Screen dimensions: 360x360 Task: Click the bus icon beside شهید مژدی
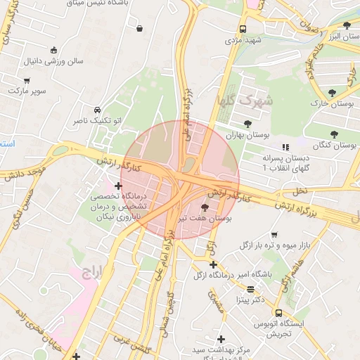(243, 30)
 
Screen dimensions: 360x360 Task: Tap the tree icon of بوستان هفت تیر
(205, 207)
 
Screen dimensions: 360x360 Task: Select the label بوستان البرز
(338, 36)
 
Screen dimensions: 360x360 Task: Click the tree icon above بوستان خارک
(332, 92)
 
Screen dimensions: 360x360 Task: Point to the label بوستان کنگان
(334, 145)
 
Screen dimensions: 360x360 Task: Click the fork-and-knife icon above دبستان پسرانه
(285, 146)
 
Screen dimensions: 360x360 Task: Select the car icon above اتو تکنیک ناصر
(96, 110)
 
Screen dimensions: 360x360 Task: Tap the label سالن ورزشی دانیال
(54, 61)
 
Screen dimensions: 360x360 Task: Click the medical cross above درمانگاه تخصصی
(127, 185)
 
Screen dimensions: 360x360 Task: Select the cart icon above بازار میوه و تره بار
(274, 235)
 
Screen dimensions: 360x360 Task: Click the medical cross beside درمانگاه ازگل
(213, 264)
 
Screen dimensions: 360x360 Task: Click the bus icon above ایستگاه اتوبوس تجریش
(279, 313)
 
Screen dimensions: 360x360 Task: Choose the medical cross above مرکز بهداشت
(221, 339)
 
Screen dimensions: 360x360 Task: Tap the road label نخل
(300, 191)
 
